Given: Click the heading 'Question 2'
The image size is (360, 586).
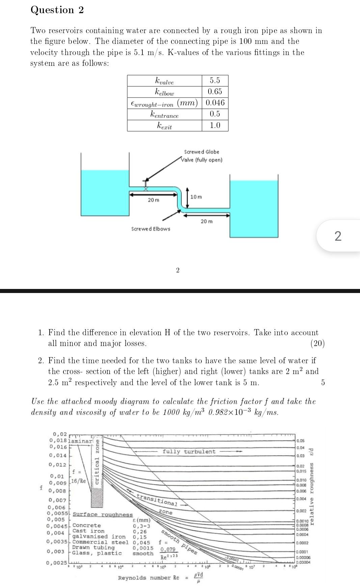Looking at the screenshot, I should (x=57, y=10).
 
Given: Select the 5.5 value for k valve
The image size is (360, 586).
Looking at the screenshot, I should (x=215, y=81).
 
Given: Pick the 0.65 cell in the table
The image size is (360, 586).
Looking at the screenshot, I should (x=215, y=92).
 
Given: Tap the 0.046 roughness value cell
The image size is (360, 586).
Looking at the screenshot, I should (x=215, y=103).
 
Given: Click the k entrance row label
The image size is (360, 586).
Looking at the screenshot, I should (x=164, y=114).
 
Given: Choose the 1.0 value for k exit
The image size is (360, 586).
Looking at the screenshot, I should (x=215, y=126).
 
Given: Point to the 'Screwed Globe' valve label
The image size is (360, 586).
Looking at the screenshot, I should (x=201, y=152).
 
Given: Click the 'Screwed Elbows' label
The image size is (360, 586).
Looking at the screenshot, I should (x=150, y=229).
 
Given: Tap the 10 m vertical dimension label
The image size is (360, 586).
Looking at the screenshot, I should (x=196, y=197).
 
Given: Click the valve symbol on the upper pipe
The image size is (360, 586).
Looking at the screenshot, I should (x=146, y=183).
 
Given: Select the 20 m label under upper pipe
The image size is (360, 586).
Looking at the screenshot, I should (x=153, y=200).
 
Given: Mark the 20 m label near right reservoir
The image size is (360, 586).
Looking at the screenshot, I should (x=206, y=221).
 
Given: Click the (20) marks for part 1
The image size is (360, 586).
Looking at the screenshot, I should (x=317, y=344).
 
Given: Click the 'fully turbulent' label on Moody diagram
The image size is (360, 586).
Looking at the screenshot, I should (x=189, y=452).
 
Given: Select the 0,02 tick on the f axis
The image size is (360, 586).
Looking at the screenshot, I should (x=60, y=434).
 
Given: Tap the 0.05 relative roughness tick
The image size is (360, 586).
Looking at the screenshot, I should (x=301, y=441).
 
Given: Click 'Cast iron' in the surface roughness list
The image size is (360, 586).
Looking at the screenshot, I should (x=88, y=531).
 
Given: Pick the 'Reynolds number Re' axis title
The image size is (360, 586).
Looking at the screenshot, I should (x=148, y=578).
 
